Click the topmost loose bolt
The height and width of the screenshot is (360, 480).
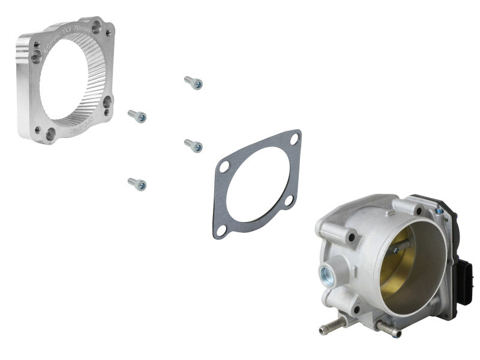[x=193, y=83]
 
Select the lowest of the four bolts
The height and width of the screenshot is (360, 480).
[x=137, y=184]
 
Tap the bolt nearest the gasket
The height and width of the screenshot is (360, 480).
[x=193, y=145]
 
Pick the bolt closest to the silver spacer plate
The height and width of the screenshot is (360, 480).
[x=137, y=116]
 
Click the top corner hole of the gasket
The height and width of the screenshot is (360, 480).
[x=294, y=139]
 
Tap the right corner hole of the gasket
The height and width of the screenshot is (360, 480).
[x=289, y=200]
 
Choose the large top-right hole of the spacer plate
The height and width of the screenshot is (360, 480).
[x=97, y=27]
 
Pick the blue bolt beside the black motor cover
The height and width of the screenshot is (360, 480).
[x=439, y=211]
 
